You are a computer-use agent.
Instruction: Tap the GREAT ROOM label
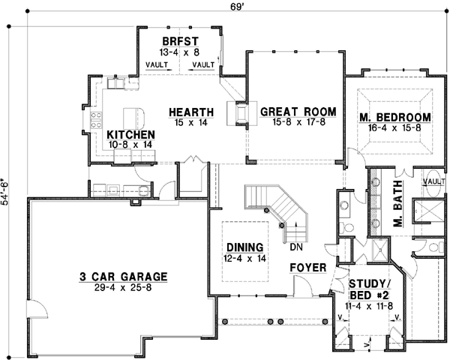point(298,112)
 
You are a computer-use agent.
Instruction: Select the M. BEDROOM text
point(394,117)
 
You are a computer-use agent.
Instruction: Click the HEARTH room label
point(191,112)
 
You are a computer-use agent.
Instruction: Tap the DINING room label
point(244,247)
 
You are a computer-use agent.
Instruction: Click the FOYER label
point(307,266)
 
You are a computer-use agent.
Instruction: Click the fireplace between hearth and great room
point(241,113)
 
